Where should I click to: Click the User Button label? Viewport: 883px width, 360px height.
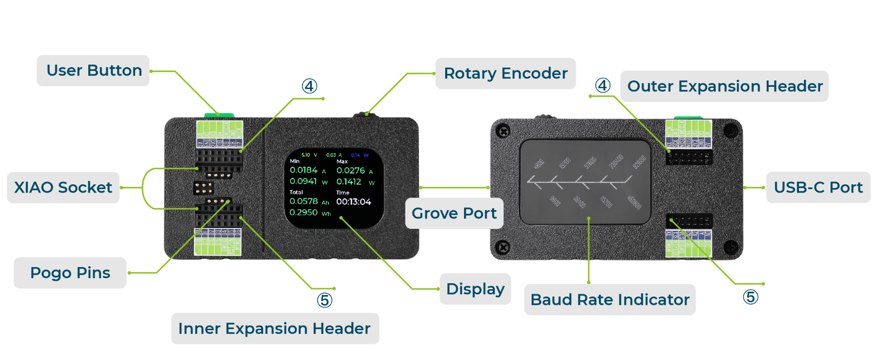click(93, 71)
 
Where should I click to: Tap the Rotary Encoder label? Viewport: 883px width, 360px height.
click(505, 74)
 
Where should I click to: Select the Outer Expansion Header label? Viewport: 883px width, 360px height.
click(724, 86)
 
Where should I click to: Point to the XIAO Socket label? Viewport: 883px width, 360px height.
click(63, 188)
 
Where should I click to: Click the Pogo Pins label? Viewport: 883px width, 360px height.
click(70, 273)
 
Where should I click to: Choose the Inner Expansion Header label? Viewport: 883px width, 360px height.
click(275, 329)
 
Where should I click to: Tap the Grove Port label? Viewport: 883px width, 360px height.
click(454, 213)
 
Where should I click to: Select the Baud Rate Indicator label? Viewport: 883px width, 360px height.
click(610, 300)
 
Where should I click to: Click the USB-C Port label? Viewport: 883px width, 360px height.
click(818, 188)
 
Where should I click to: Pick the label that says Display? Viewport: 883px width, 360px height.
click(475, 289)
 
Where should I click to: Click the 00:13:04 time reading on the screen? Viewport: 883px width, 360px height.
click(353, 202)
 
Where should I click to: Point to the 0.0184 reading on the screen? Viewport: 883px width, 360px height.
click(304, 170)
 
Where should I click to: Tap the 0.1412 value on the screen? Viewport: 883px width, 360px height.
click(349, 182)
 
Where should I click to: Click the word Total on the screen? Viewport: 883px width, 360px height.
click(296, 192)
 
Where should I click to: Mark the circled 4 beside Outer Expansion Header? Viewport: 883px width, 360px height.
click(602, 86)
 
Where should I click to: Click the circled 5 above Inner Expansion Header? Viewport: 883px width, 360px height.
click(324, 300)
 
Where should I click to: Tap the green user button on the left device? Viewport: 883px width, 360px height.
click(219, 115)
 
